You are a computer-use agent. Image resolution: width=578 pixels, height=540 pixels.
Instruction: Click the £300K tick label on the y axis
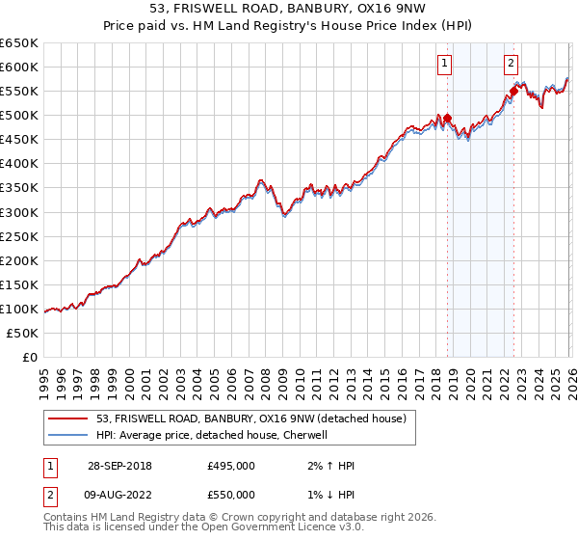18,212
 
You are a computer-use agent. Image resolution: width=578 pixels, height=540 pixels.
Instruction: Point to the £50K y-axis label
21,333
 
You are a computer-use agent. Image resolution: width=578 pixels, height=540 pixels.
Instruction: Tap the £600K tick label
18,67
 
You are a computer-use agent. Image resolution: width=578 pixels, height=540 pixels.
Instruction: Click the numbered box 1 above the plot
445,65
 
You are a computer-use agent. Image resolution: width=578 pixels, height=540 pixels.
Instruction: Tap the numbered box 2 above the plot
511,65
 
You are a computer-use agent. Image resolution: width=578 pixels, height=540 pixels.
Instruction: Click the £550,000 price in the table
231,495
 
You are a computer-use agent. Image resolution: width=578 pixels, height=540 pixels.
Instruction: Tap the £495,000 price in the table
231,466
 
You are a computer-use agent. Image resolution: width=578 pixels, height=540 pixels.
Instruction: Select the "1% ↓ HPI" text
328,495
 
